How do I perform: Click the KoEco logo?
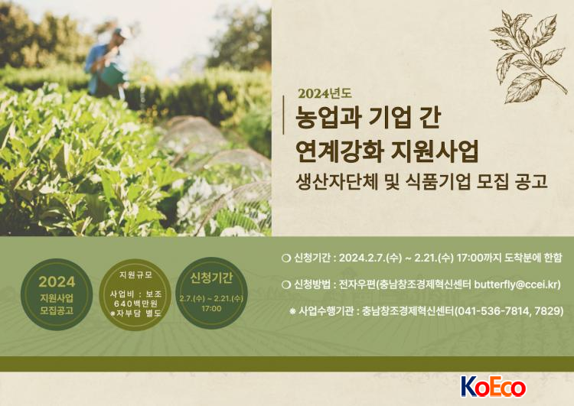pyautogui.click(x=493, y=387)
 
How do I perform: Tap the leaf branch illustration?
pyautogui.click(x=529, y=57)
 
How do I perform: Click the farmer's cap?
pyautogui.click(x=122, y=32)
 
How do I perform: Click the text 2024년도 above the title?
pyautogui.click(x=325, y=93)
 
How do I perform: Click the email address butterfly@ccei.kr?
pyautogui.click(x=516, y=284)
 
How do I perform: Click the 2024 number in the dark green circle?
pyautogui.click(x=57, y=282)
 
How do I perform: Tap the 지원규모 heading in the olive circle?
pyautogui.click(x=135, y=275)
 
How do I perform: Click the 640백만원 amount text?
pyautogui.click(x=135, y=304)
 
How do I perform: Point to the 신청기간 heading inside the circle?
pyautogui.click(x=211, y=278)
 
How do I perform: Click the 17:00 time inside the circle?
pyautogui.click(x=211, y=309)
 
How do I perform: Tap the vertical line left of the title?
pyautogui.click(x=284, y=115)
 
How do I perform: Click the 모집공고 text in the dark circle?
pyautogui.click(x=57, y=311)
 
